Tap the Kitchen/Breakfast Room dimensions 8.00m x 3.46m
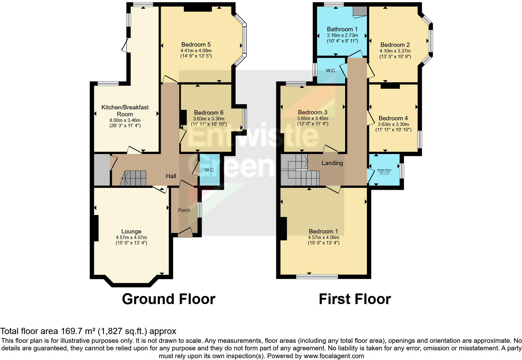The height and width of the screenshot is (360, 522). pyautogui.click(x=125, y=120)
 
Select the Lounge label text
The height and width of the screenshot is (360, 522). pyautogui.click(x=131, y=232)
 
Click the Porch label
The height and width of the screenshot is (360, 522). pyautogui.click(x=184, y=210)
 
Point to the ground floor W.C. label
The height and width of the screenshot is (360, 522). pyautogui.click(x=209, y=170)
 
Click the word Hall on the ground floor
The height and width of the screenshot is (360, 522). pyautogui.click(x=171, y=176)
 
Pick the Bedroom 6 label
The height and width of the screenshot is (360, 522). pyautogui.click(x=209, y=113)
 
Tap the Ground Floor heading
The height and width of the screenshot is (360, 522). pyautogui.click(x=168, y=299)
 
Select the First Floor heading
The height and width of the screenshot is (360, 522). pyautogui.click(x=355, y=299)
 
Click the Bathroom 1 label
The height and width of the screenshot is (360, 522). pyautogui.click(x=342, y=29)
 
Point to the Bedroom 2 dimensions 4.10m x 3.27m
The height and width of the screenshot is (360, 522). pyautogui.click(x=395, y=51)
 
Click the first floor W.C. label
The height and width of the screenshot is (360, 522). pyautogui.click(x=331, y=71)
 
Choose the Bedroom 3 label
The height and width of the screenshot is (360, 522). pyautogui.click(x=313, y=112)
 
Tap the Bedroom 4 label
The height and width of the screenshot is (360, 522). pyautogui.click(x=393, y=118)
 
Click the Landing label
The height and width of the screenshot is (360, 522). pyautogui.click(x=332, y=163)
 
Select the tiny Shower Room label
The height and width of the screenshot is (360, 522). pyautogui.click(x=384, y=170)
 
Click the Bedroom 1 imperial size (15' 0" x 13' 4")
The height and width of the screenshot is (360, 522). pyautogui.click(x=323, y=243)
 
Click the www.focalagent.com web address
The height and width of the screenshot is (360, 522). pyautogui.click(x=333, y=356)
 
